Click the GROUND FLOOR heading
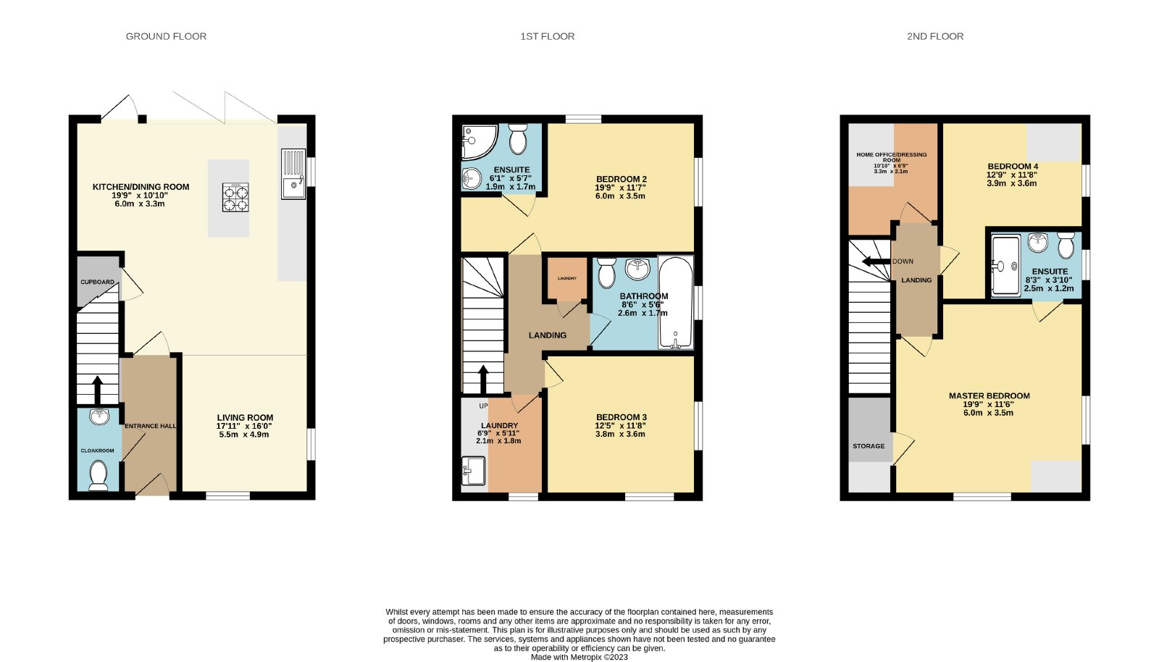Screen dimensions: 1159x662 pyautogui.click(x=166, y=36)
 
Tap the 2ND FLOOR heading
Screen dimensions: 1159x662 pyautogui.click(x=935, y=36)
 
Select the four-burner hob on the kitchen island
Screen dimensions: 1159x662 pyautogui.click(x=235, y=197)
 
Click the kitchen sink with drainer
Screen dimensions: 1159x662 pyautogui.click(x=294, y=174)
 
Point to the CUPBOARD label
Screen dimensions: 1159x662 pyautogui.click(x=97, y=282)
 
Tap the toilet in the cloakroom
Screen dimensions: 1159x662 pyautogui.click(x=99, y=475)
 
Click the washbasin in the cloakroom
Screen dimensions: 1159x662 pyautogui.click(x=99, y=416)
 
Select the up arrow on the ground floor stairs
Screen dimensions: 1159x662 pyautogui.click(x=97, y=390)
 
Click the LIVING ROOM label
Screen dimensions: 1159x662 pyautogui.click(x=245, y=417)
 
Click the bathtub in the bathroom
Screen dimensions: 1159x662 pyautogui.click(x=675, y=302)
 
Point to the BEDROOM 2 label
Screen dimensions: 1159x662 pyautogui.click(x=622, y=179)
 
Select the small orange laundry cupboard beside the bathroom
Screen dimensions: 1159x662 pyautogui.click(x=568, y=279)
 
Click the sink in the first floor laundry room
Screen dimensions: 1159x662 pyautogui.click(x=474, y=471)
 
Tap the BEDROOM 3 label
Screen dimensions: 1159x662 pyautogui.click(x=622, y=417)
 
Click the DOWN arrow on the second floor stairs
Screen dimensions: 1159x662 pyautogui.click(x=876, y=261)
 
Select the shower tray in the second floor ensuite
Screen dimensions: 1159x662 pyautogui.click(x=1006, y=266)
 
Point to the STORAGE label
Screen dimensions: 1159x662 pyautogui.click(x=869, y=446)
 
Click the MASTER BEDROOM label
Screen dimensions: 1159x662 pyautogui.click(x=989, y=395)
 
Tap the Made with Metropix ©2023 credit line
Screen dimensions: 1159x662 pyautogui.click(x=579, y=658)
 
